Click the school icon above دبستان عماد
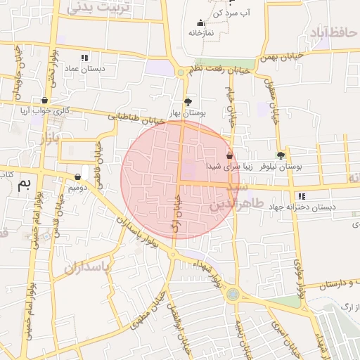[84, 58]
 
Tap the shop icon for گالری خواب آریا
[46, 100]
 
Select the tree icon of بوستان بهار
[187, 101]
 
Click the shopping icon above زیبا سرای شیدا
[229, 155]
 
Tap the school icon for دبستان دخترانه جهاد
[302, 196]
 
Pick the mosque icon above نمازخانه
[201, 22]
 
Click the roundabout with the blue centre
[232, 295]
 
